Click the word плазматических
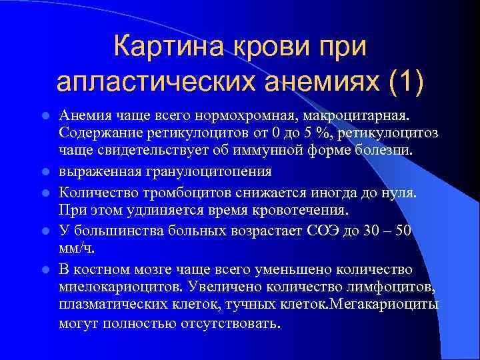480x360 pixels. pos(118,304)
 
